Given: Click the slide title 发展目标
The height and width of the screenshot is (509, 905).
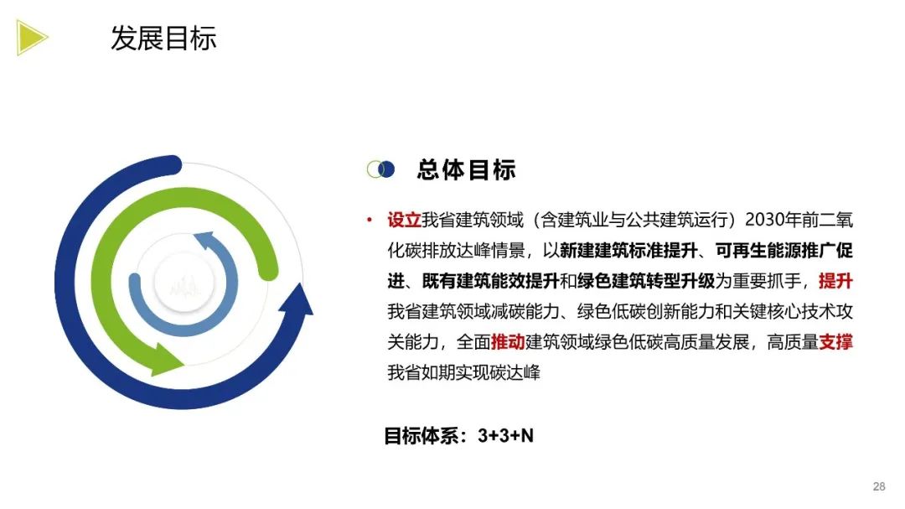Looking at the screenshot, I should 163,38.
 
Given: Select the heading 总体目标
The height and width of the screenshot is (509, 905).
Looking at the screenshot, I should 466,169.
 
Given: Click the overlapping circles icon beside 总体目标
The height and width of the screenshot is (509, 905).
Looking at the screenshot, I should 380,169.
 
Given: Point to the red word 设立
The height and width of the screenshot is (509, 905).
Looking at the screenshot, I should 403,221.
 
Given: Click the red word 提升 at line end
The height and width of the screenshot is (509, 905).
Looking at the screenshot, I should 835,281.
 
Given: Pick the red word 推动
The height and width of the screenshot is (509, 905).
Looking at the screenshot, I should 508,342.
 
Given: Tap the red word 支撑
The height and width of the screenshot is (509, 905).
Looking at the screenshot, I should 835,342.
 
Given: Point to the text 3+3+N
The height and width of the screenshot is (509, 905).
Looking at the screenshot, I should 506,436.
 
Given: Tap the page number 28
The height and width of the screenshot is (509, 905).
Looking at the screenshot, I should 879,486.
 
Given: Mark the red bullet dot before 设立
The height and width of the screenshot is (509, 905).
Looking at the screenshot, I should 369,221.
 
